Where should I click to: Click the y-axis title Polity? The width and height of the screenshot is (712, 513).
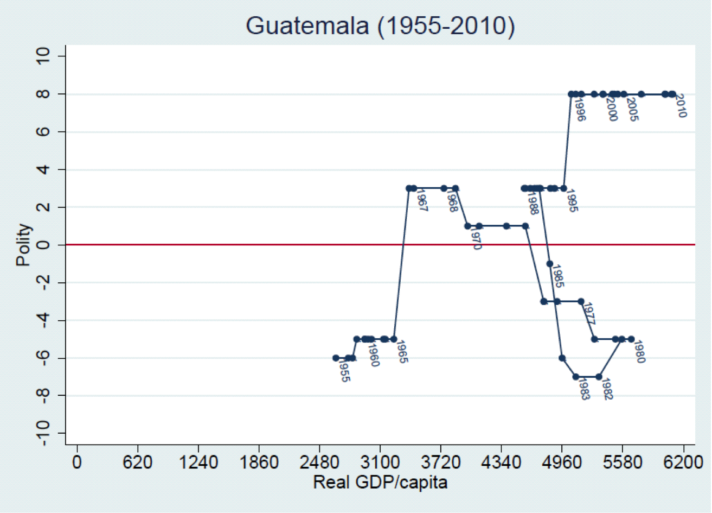pyautogui.click(x=24, y=245)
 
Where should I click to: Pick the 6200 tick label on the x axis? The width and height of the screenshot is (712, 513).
pyautogui.click(x=683, y=465)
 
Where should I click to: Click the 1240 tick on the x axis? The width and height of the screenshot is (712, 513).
pyautogui.click(x=198, y=465)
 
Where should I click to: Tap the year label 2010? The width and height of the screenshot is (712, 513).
pyautogui.click(x=681, y=106)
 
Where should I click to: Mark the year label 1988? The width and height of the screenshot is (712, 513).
pyautogui.click(x=532, y=202)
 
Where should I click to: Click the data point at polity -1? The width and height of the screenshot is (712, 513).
pyautogui.click(x=550, y=264)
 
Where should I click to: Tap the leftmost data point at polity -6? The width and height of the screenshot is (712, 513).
pyautogui.click(x=336, y=358)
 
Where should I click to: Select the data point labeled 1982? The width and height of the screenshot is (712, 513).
pyautogui.click(x=599, y=377)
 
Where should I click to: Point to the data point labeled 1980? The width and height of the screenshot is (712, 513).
pyautogui.click(x=631, y=339)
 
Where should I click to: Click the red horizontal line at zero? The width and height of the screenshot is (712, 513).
pyautogui.click(x=217, y=245)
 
